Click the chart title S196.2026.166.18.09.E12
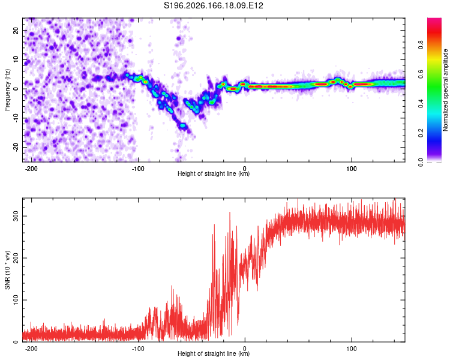213,5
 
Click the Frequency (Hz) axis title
7,89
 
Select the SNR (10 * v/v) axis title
7,270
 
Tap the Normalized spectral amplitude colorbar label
445,90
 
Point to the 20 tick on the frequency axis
16,31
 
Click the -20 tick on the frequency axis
16,147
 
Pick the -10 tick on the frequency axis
16,118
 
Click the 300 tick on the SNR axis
16,216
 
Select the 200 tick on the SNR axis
16,258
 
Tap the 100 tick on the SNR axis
16,300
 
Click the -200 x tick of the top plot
31,169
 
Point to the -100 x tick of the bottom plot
138,349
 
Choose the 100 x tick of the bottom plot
351,349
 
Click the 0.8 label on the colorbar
421,45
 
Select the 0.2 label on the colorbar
421,133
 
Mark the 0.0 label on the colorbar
421,163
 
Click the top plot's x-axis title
214,173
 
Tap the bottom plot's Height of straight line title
214,353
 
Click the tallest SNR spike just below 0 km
230,212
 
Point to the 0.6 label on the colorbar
421,74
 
